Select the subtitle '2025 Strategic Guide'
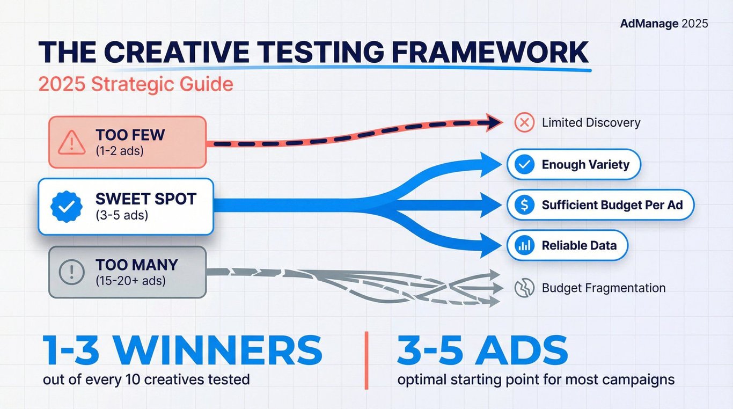(x=136, y=84)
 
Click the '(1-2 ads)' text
(x=120, y=151)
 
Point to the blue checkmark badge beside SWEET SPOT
(x=67, y=207)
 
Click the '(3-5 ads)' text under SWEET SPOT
(x=122, y=215)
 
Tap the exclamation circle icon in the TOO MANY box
(x=72, y=272)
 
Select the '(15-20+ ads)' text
(x=130, y=281)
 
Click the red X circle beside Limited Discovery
(x=524, y=122)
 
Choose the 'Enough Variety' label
(x=585, y=164)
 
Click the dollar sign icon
(x=524, y=205)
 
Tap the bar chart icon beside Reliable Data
(x=524, y=245)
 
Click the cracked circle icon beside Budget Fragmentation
(x=524, y=288)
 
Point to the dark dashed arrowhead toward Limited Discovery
(x=494, y=122)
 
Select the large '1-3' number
(x=71, y=350)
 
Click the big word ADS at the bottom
(x=521, y=350)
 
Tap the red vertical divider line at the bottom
(x=366, y=360)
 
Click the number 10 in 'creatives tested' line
(x=133, y=379)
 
